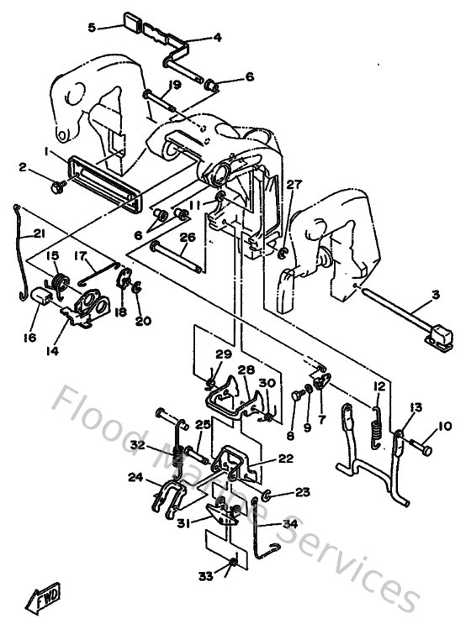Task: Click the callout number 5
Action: pyautogui.click(x=93, y=27)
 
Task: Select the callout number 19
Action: pyautogui.click(x=174, y=84)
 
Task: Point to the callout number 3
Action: pyautogui.click(x=435, y=294)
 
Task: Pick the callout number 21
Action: pyautogui.click(x=40, y=234)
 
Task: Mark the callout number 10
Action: pyautogui.click(x=445, y=426)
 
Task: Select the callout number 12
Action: pyautogui.click(x=379, y=385)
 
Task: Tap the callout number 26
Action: pyautogui.click(x=188, y=237)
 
